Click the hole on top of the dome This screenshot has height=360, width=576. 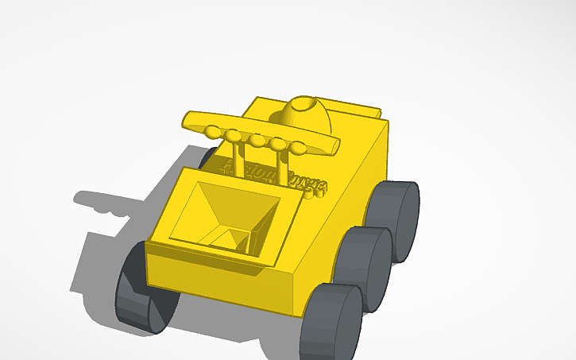[303, 104]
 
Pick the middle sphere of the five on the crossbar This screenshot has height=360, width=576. [257, 141]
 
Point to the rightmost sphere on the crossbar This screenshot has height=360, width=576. [298, 148]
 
